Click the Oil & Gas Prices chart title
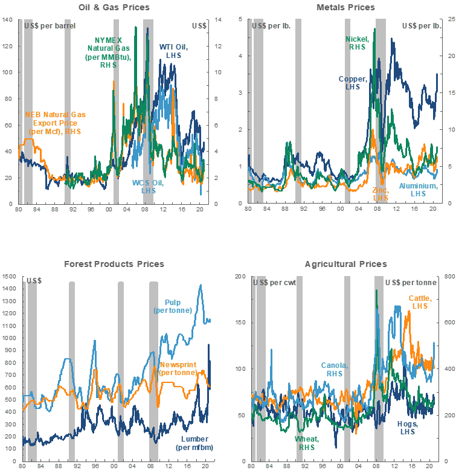114,7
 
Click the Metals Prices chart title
345,7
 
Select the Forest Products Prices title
114,264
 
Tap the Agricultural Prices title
345,264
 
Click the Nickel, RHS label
356,43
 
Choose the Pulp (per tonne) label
173,306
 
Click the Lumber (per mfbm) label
193,443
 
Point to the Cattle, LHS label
419,302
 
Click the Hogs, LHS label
409,428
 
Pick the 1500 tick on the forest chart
10,277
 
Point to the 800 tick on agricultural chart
449,277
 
